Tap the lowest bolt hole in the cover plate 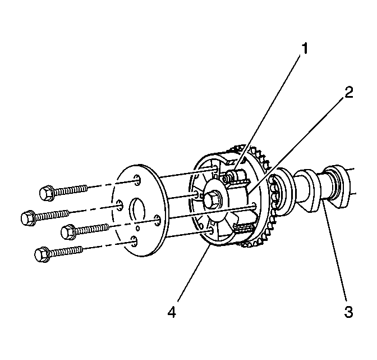[x=134, y=240]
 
